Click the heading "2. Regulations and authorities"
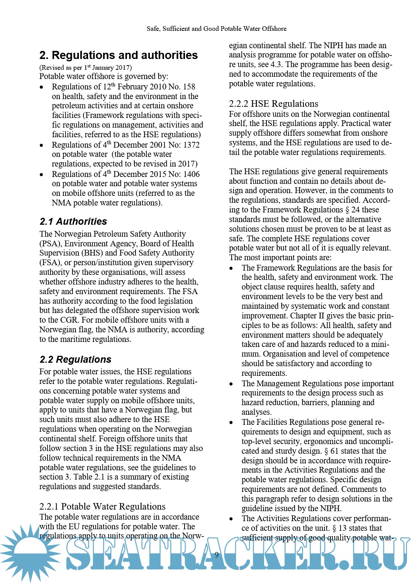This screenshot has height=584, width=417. coord(119,56)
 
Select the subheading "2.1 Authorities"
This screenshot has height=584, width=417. coord(73,222)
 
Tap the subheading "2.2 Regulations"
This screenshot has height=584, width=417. coord(75,360)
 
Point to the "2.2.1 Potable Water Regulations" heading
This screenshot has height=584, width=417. coord(102,507)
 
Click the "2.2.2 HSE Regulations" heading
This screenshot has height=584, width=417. coord(273,104)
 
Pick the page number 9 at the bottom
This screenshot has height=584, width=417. coord(217,555)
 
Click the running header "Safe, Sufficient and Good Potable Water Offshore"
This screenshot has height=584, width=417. coord(217,29)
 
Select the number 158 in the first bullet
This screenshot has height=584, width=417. coord(189,87)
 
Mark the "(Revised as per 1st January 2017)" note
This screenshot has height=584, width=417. coord(86,67)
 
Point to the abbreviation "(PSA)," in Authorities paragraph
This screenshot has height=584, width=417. coord(51,244)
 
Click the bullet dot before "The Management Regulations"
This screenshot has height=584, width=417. coord(231,384)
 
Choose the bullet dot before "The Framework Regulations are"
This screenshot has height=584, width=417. coord(231,268)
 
